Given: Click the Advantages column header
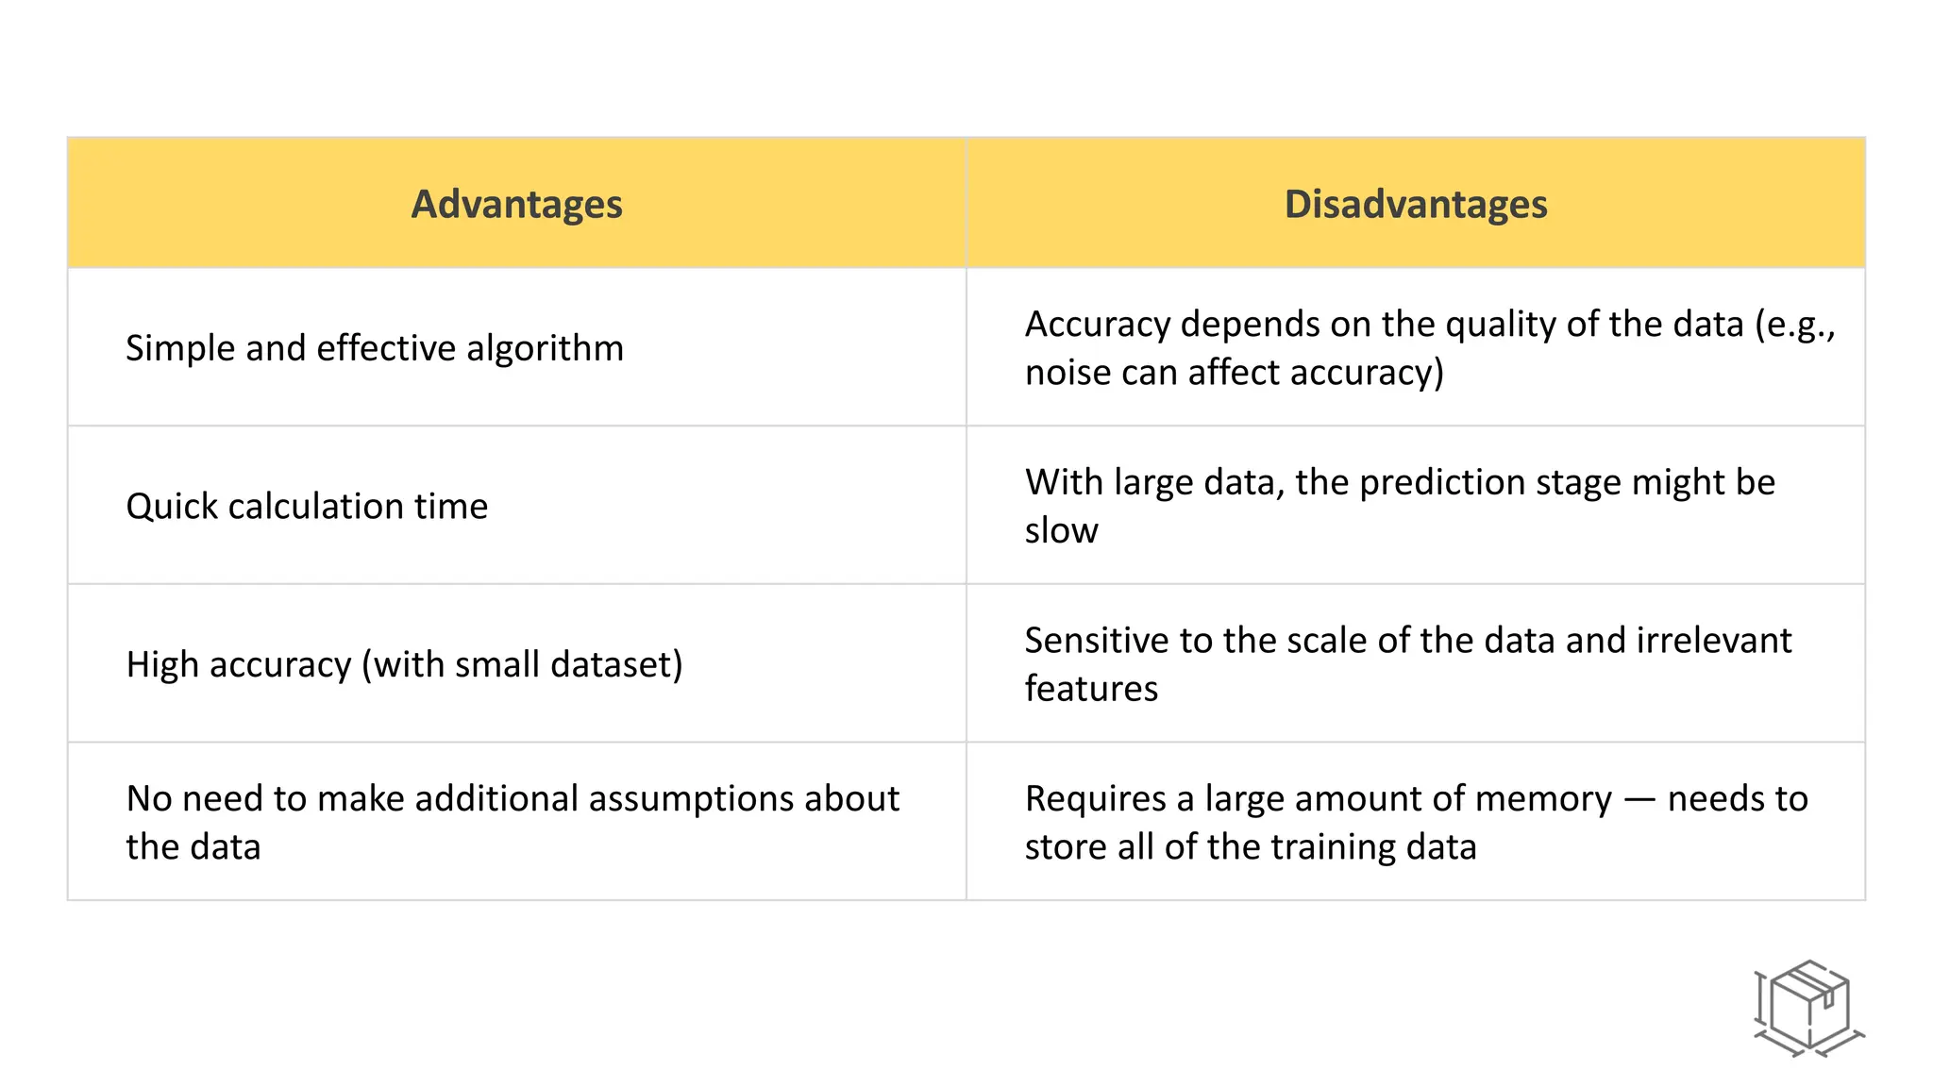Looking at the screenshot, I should point(516,204).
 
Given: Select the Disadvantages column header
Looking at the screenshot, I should point(1415,204).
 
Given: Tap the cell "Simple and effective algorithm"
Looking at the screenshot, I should point(375,348).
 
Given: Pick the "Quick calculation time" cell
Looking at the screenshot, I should point(307,507).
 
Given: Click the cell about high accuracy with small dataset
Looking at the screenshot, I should point(404,664).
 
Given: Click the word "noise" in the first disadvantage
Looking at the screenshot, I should point(1067,373).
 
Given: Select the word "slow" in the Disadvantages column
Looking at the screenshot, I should point(1061,531).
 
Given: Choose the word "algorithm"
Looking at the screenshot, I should point(545,348).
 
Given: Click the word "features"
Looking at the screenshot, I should point(1091,689).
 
